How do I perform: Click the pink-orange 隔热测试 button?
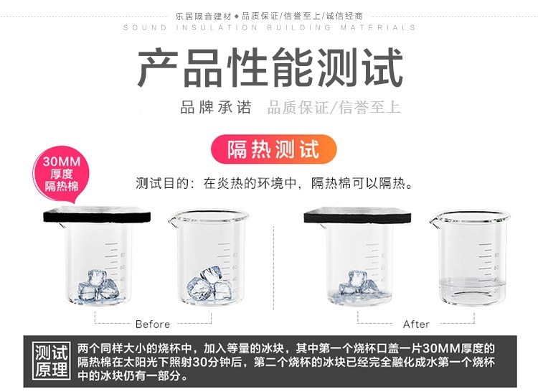273,149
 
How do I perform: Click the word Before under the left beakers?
153,324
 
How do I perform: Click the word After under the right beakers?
416,324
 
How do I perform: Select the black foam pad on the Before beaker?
97,214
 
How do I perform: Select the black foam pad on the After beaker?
357,215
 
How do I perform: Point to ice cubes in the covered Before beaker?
98,286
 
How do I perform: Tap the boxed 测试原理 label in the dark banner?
51,360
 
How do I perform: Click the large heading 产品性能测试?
270,67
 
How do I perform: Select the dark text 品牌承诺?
216,108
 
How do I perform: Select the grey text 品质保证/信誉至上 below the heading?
334,108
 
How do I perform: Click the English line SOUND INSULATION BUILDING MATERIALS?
269,27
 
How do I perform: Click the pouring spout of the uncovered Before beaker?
173,220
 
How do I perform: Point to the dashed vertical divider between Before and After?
273,268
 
